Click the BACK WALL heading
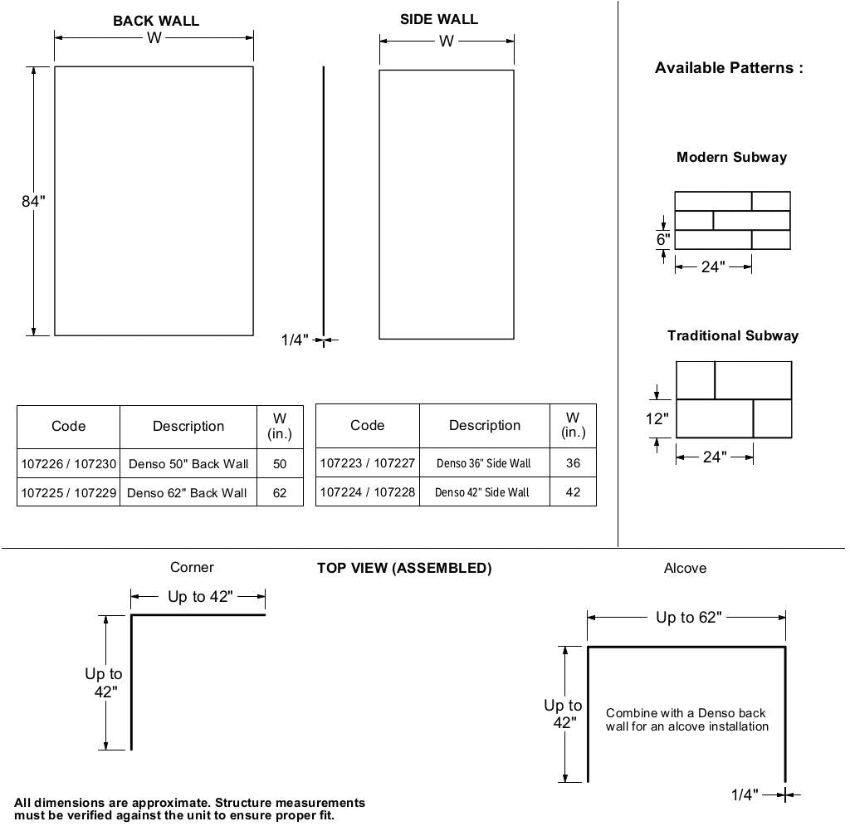coord(156,21)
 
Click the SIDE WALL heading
coord(439,19)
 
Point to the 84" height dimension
coord(33,201)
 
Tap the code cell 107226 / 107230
coord(69,464)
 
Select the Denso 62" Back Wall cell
coord(187,492)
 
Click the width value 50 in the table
coord(280,464)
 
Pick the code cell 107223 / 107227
coord(368,463)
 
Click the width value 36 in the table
coord(573,463)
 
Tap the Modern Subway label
coord(731,157)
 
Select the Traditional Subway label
coord(733,335)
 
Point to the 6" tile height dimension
coord(663,240)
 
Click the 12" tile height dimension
coord(657,418)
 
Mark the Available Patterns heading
coord(729,68)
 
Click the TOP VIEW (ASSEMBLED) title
coord(404,568)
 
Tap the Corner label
coord(192,567)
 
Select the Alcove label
coord(686,568)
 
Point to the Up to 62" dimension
coord(688,618)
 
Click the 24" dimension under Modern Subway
coord(713,266)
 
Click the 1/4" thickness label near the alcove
coord(745,795)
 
